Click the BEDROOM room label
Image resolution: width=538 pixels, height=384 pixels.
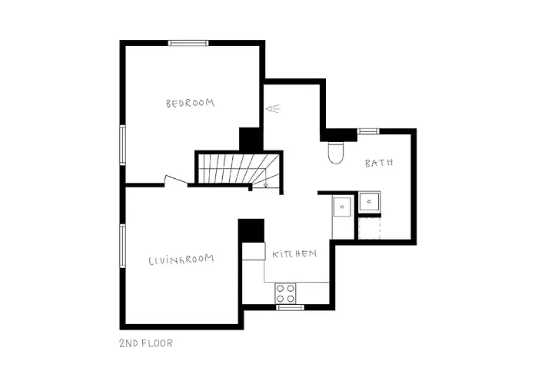tap(190, 103)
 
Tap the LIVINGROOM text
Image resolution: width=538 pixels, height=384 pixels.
tap(181, 260)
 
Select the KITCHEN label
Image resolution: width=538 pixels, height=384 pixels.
tap(293, 253)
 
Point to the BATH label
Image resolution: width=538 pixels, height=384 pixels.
tap(379, 163)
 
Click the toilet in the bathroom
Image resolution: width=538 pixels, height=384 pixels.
tap(336, 152)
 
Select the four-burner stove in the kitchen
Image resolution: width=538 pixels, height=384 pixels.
tap(286, 293)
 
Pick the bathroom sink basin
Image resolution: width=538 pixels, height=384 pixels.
tap(371, 201)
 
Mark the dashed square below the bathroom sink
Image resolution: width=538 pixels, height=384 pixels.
tap(370, 228)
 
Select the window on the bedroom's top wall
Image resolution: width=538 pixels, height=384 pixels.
tap(190, 43)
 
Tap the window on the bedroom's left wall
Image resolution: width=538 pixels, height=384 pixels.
tap(121, 144)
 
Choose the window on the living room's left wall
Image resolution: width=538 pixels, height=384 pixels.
tap(121, 246)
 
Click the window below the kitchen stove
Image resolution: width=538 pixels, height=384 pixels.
tap(290, 307)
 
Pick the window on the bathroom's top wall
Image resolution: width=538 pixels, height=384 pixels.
tap(368, 131)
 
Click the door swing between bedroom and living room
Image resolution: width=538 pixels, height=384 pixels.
tap(176, 180)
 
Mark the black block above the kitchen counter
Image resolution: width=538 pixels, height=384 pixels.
tap(251, 230)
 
